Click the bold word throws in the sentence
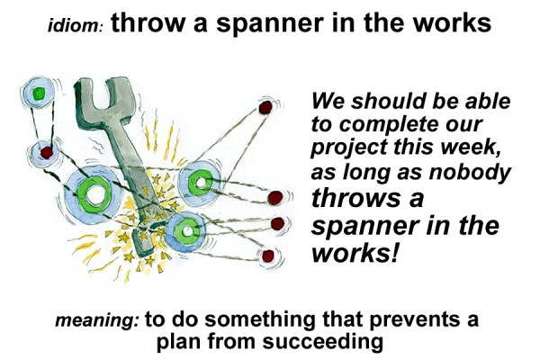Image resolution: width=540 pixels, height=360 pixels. pos(354,196)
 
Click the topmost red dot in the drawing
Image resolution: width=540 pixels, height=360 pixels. pos(265,107)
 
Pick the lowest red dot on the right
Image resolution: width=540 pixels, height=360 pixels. pos(267,257)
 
